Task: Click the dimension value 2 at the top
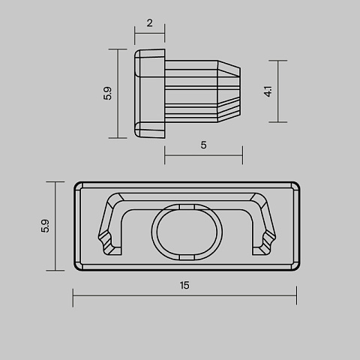pyautogui.click(x=149, y=23)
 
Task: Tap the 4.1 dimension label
pyautogui.click(x=268, y=91)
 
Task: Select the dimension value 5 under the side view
pyautogui.click(x=203, y=145)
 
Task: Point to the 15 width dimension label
pyautogui.click(x=184, y=285)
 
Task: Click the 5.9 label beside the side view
pyautogui.click(x=107, y=94)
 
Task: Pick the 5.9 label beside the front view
pyautogui.click(x=45, y=226)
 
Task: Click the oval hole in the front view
pyautogui.click(x=187, y=232)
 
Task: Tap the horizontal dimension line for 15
pyautogui.click(x=184, y=295)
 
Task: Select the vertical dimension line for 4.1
pyautogui.click(x=277, y=91)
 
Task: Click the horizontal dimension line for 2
pyautogui.click(x=149, y=33)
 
